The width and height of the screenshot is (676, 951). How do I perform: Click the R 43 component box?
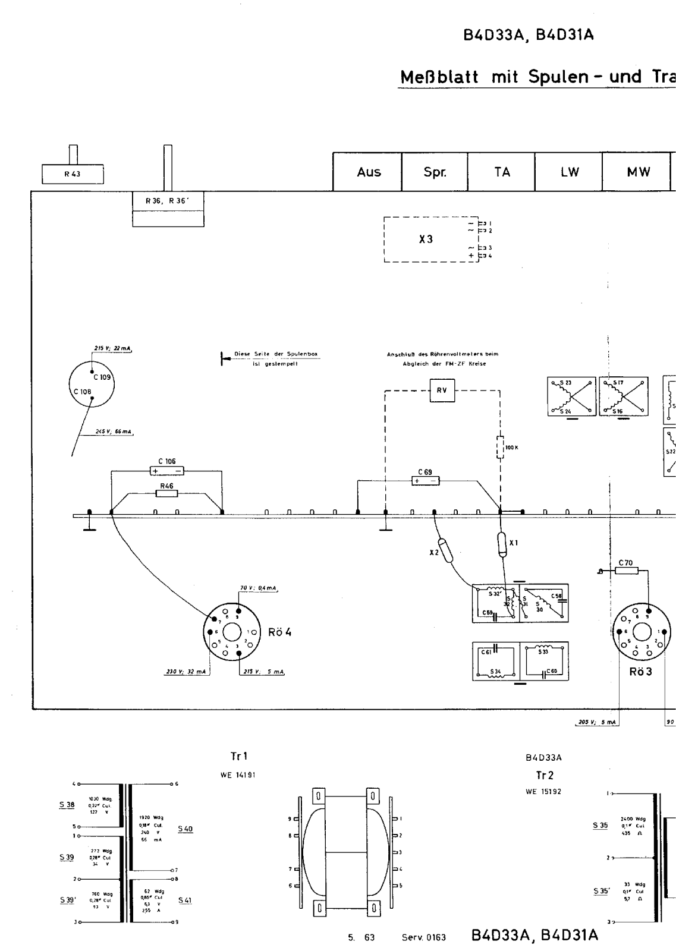[x=73, y=174]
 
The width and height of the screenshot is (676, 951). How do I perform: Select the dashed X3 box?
[x=431, y=240]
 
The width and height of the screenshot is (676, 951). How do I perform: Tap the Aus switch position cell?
[x=368, y=172]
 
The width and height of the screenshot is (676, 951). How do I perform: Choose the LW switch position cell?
[x=569, y=172]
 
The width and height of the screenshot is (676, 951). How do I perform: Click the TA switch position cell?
[x=502, y=172]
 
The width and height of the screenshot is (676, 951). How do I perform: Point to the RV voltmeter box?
[x=442, y=391]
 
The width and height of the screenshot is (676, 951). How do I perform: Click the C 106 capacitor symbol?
[x=167, y=471]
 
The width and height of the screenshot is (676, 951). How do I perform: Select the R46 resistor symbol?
[x=166, y=493]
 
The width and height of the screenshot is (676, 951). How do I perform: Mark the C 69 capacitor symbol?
[x=425, y=481]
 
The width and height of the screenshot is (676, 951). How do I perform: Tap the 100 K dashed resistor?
[x=500, y=448]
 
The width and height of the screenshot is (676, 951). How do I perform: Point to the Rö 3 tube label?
[x=640, y=672]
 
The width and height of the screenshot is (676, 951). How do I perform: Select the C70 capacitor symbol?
[x=626, y=571]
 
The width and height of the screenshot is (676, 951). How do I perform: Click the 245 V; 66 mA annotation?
[x=113, y=432]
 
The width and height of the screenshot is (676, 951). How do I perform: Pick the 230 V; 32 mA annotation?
[x=186, y=672]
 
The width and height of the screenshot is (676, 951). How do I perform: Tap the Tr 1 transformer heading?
[x=239, y=757]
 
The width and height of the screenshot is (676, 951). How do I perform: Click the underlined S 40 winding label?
[x=185, y=829]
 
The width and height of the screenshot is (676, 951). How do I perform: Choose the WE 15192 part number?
[x=543, y=792]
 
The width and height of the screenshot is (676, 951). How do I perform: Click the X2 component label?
[x=434, y=553]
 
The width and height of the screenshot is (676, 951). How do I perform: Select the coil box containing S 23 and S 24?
[x=571, y=396]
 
